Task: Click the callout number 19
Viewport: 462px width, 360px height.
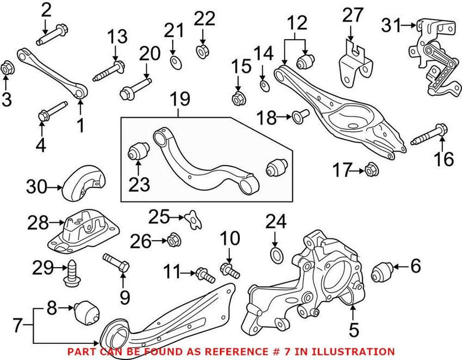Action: pos(180,99)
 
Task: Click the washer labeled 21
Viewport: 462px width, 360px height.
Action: pos(173,61)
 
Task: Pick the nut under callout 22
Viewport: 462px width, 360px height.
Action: pos(203,51)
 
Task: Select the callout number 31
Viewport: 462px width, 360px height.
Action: pos(393,25)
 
